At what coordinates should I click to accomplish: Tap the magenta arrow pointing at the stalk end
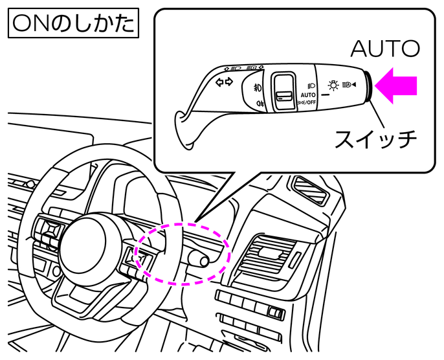coord(395,86)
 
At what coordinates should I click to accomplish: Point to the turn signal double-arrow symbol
coord(224,82)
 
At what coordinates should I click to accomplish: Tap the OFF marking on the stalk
coord(313,102)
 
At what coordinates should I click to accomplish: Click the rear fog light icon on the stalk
coord(259,103)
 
